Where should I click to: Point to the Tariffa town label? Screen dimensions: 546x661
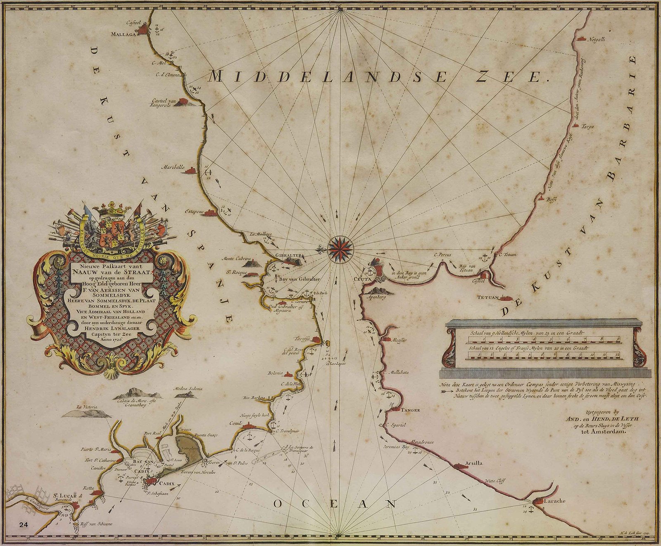click(x=302, y=339)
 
